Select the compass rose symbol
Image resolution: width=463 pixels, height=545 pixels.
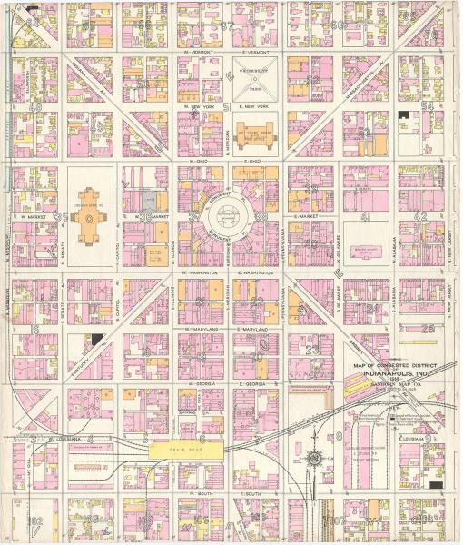315,457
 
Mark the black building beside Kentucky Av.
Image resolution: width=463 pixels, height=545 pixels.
96,340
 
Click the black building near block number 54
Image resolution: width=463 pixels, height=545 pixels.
402,116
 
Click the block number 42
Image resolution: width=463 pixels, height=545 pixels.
419,216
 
